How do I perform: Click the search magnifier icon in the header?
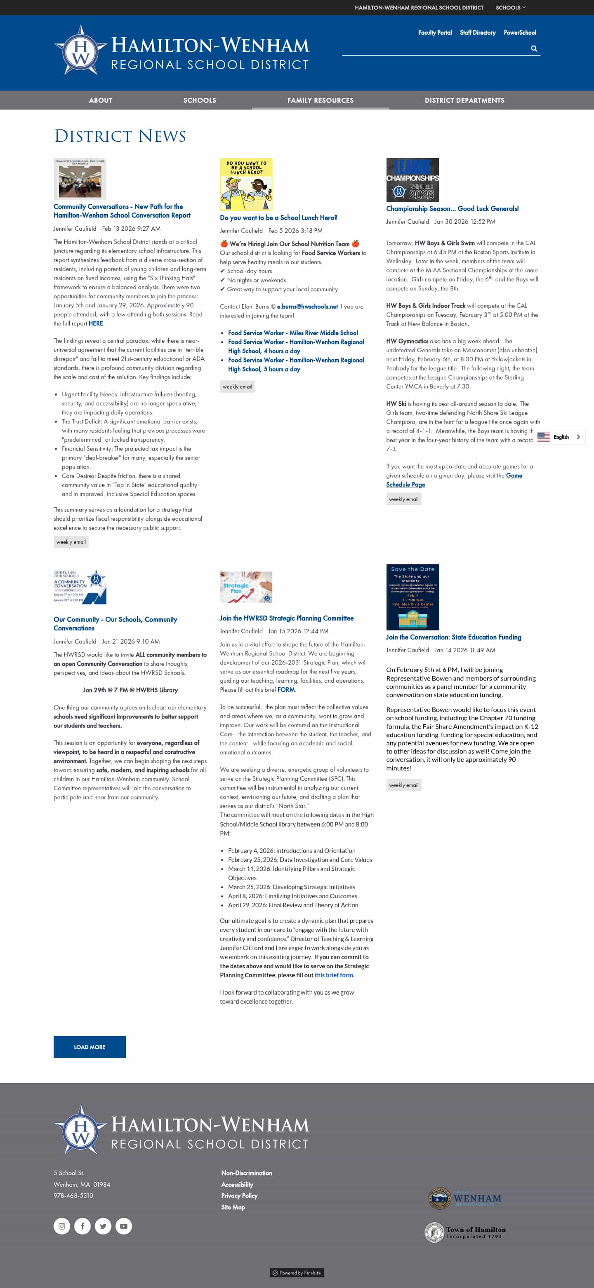[534, 49]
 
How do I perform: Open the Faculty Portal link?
[434, 33]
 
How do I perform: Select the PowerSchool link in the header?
[519, 33]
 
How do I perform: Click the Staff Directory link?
[477, 33]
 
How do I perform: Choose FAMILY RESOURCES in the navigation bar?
[320, 101]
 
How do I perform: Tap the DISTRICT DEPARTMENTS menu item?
[464, 101]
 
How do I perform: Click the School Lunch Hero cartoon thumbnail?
[246, 184]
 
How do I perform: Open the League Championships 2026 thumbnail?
[412, 180]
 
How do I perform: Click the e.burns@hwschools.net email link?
[307, 307]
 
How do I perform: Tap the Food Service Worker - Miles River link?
[293, 333]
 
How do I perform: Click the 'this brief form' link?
[334, 975]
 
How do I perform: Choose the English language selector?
[559, 437]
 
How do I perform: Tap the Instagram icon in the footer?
[61, 1226]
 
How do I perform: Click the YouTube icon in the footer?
[124, 1226]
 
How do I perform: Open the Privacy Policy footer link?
[239, 1196]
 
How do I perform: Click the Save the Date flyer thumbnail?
[412, 597]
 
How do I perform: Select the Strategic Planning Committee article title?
[286, 618]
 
